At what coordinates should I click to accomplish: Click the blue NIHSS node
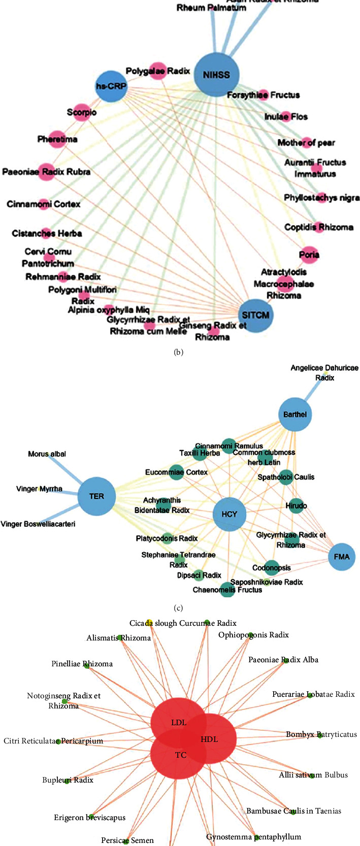tap(216, 75)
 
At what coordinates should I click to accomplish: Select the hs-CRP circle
tap(112, 87)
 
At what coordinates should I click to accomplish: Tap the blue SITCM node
tap(255, 315)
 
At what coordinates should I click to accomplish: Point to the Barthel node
tap(295, 414)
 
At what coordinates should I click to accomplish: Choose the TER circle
tap(96, 496)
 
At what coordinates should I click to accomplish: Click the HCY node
tap(230, 514)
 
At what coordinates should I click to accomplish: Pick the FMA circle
tap(342, 557)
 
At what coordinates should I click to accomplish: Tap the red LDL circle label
tap(179, 723)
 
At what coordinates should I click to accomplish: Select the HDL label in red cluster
tap(209, 739)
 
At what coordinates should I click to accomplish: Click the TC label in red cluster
tap(181, 755)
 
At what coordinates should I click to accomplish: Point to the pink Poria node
tap(309, 255)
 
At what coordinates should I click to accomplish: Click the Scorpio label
tap(82, 112)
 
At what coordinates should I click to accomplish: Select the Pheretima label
tap(57, 139)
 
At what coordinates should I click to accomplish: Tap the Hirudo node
tap(296, 506)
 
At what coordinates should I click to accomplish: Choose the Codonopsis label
tap(272, 568)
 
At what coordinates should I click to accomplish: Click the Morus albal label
tap(47, 454)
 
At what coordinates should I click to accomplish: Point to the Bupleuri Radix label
tap(68, 780)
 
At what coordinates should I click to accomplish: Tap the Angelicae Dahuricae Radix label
tap(324, 373)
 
